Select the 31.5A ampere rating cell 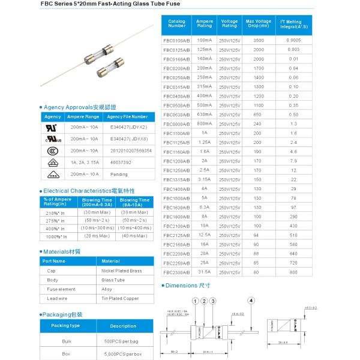(x=205, y=272)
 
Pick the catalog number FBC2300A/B (x=176, y=272)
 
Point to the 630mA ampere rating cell (x=205, y=114)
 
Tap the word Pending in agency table (x=119, y=174)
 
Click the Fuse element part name (x=57, y=289)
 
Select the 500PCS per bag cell (x=121, y=340)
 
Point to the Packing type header (x=65, y=326)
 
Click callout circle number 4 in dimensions (x=251, y=299)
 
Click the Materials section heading (x=62, y=251)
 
